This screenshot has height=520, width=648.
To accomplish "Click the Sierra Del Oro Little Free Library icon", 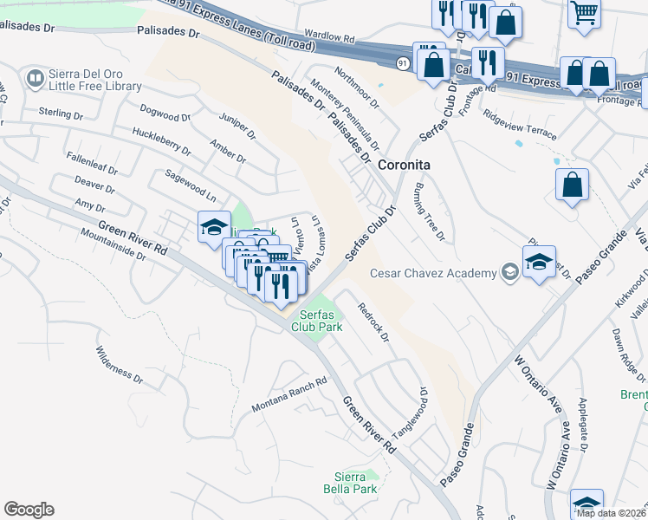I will pyautogui.click(x=36, y=80).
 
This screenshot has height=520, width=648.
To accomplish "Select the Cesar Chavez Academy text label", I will pyautogui.click(x=433, y=273).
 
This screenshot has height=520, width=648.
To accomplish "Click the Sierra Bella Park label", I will pyautogui.click(x=355, y=483).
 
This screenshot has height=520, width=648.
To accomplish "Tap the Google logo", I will pyautogui.click(x=29, y=510).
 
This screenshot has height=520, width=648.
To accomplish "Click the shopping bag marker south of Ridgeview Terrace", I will pyautogui.click(x=572, y=185).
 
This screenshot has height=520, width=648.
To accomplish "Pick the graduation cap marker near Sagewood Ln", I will pyautogui.click(x=213, y=228).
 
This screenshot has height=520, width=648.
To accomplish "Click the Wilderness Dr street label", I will pyautogui.click(x=119, y=364).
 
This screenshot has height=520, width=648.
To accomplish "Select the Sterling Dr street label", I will pyautogui.click(x=61, y=114).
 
